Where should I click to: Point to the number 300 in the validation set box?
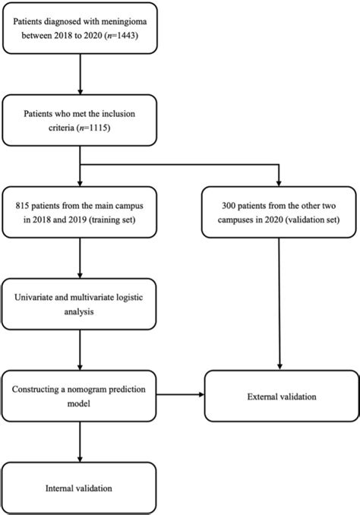coord(226,207)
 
